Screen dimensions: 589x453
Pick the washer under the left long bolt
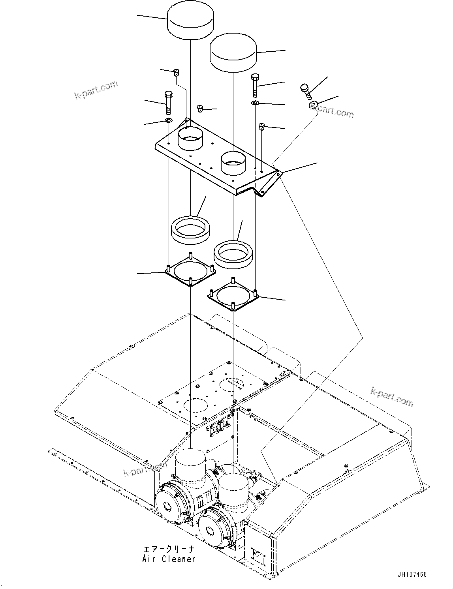(168, 120)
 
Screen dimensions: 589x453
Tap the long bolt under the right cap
(255, 84)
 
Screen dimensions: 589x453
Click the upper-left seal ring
(191, 228)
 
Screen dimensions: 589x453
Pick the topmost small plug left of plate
(176, 72)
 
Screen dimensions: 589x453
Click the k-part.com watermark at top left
(96, 90)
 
